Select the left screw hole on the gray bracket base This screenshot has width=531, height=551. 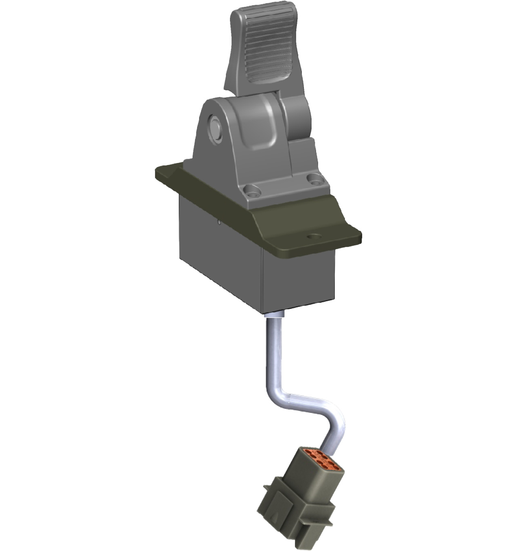[251, 189]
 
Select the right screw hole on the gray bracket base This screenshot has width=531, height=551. [313, 178]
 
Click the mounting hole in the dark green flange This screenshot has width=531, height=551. [313, 236]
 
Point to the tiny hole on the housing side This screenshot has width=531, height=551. [219, 222]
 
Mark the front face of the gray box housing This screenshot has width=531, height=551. [299, 280]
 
